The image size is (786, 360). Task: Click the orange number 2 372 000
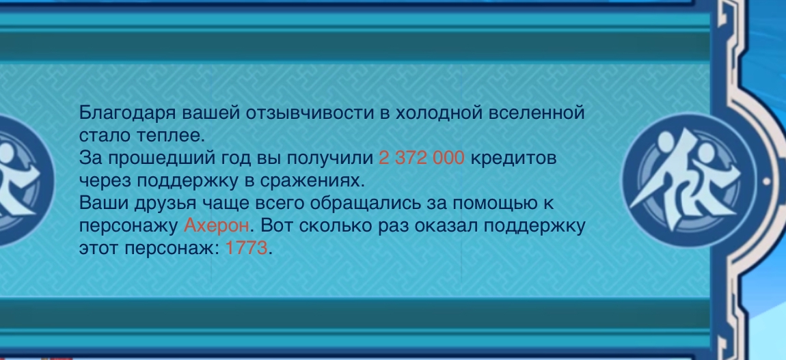[x=422, y=158]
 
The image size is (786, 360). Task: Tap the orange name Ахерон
[x=216, y=226]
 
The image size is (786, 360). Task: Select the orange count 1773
[x=247, y=248]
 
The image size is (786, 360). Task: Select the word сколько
[x=328, y=227]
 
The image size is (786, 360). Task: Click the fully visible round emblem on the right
[x=688, y=180]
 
